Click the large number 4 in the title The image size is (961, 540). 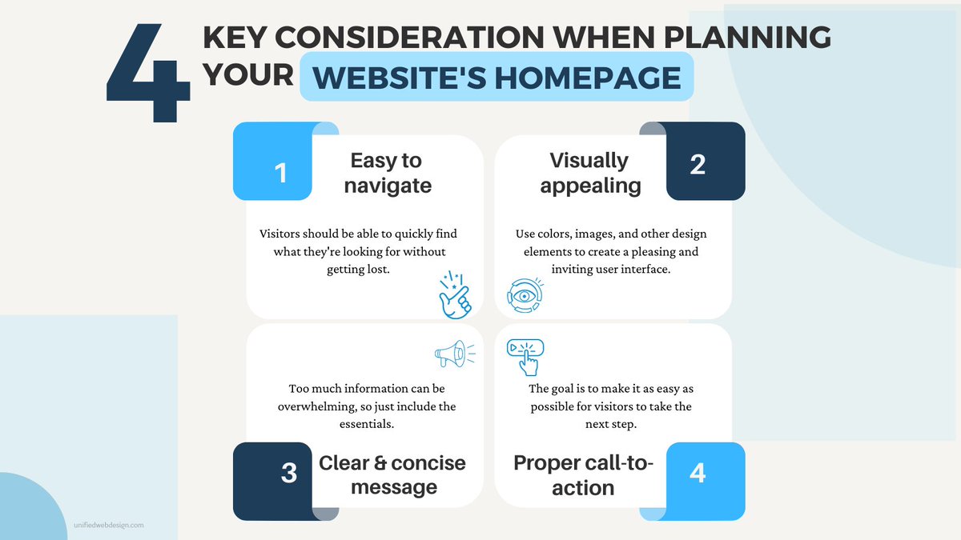[148, 76]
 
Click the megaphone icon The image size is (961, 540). [453, 354]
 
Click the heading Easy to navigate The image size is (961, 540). [386, 173]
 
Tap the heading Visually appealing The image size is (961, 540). [589, 173]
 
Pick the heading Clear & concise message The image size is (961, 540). [392, 474]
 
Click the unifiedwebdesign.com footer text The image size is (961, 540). [109, 526]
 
